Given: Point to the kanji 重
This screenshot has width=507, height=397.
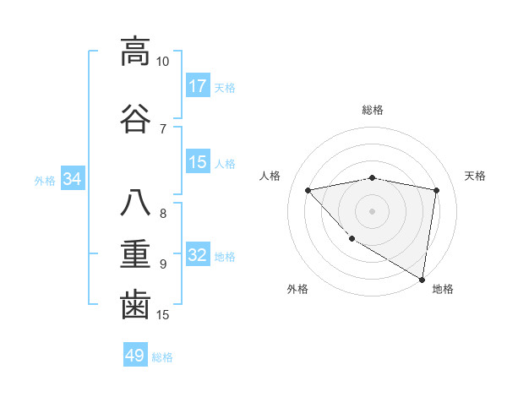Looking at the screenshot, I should (135, 253).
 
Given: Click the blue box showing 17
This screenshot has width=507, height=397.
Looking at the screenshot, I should (198, 86).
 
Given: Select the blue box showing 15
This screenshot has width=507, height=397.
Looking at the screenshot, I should (198, 162).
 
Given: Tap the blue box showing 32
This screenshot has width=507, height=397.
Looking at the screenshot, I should (198, 255).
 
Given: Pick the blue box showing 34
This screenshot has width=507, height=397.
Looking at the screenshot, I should (73, 179).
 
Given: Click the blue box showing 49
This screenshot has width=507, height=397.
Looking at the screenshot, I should (135, 356).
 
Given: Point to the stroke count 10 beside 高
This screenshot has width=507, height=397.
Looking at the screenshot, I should (162, 62).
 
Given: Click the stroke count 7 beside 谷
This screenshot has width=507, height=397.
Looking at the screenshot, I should (162, 128).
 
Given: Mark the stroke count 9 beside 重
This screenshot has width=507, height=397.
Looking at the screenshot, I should (162, 264).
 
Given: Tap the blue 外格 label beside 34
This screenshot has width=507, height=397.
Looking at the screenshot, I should (45, 180).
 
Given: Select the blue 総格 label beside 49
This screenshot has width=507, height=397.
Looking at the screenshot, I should (163, 357).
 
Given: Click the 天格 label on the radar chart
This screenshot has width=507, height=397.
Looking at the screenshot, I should (475, 176).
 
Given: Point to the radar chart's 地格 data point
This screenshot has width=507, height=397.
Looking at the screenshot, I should (422, 279).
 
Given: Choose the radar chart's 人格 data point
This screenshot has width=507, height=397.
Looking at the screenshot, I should (308, 190).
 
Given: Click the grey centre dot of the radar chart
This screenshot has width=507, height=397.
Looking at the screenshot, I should (372, 210).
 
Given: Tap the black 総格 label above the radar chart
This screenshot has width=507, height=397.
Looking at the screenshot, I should (372, 110).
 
